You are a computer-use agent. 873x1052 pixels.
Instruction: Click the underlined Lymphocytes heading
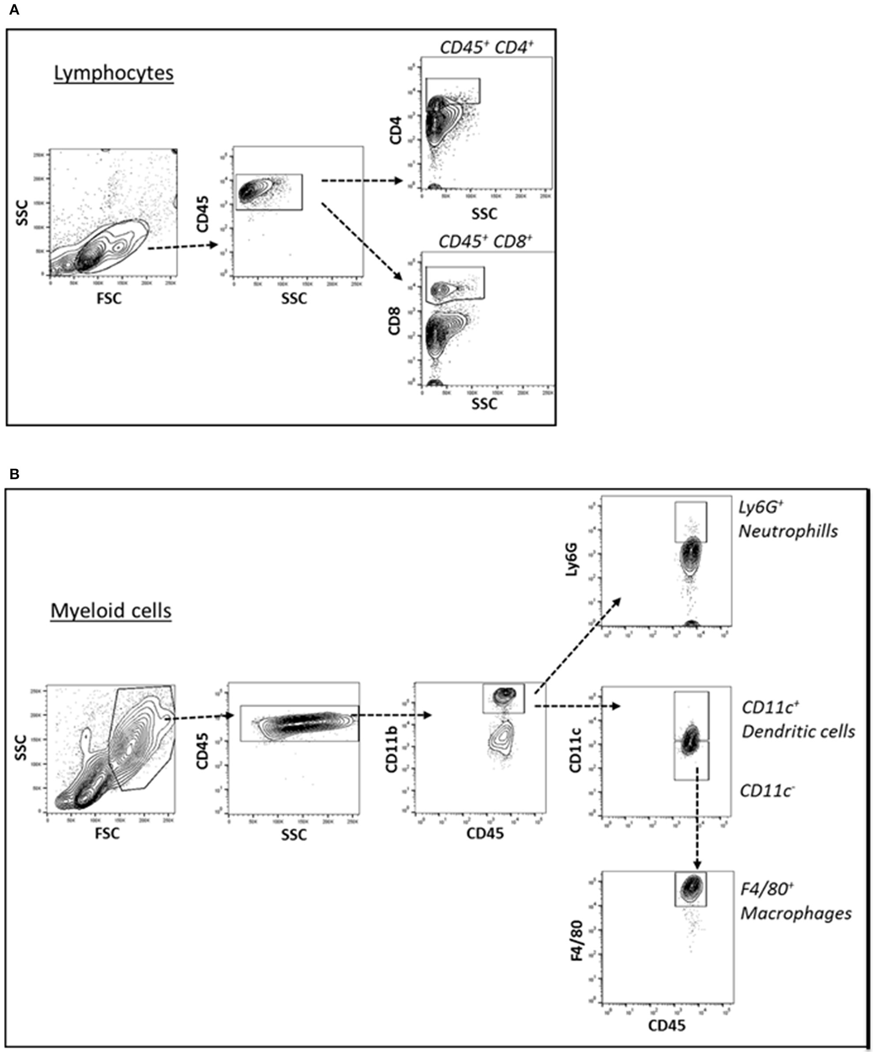[114, 73]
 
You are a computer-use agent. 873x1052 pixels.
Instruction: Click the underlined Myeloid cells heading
[111, 611]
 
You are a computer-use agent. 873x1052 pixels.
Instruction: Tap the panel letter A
[14, 9]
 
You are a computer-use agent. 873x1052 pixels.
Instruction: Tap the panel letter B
[14, 473]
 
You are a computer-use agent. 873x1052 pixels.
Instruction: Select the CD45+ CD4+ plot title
[487, 47]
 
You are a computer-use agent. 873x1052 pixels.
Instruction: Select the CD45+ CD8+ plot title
[485, 242]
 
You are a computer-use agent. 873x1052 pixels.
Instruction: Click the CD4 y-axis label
[396, 130]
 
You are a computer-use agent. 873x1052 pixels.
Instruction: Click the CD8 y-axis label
[395, 322]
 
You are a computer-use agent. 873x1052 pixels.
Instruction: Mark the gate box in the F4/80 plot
[690, 888]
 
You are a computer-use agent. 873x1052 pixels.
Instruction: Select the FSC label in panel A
[109, 298]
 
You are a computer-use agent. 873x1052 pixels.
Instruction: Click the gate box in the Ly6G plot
[691, 522]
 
